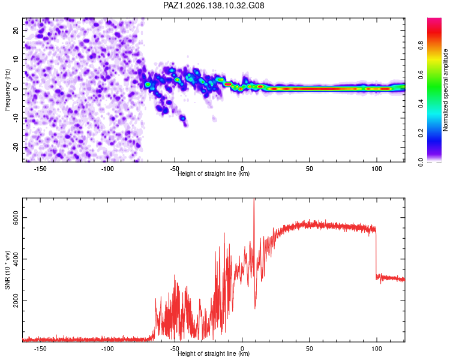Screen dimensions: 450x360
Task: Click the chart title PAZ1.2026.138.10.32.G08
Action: point(214,5)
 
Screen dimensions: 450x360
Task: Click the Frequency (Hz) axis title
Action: point(7,90)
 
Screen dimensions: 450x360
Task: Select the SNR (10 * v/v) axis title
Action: point(7,270)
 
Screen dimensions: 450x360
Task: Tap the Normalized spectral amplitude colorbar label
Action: point(445,90)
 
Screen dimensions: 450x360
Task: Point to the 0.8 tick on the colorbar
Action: point(421,46)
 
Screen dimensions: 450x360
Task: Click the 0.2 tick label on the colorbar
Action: point(421,133)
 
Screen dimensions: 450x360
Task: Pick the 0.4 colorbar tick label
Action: point(421,104)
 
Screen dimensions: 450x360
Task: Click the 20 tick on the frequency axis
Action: point(16,31)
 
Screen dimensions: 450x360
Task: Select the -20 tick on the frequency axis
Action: point(16,147)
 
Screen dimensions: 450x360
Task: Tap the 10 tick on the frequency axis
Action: point(16,59)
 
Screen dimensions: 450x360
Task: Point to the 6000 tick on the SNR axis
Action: point(16,218)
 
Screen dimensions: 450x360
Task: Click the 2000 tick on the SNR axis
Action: point(16,301)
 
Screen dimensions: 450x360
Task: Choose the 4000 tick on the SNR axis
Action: point(16,259)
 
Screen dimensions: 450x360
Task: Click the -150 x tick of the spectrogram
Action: point(40,169)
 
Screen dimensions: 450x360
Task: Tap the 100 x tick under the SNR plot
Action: point(377,349)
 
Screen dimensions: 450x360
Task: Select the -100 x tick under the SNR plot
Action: point(107,349)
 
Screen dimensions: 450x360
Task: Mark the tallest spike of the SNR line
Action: point(254,199)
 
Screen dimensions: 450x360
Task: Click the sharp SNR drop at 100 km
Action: point(376,252)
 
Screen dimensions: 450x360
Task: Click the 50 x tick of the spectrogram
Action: point(310,169)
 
